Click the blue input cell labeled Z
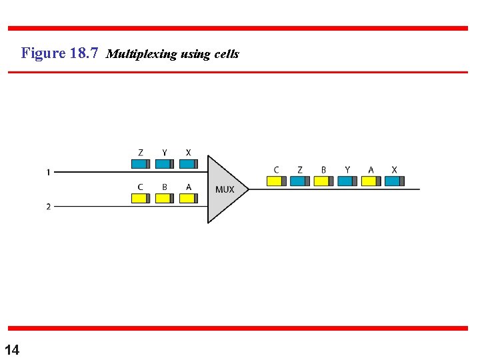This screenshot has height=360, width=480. [140, 164]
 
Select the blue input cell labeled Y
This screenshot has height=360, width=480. [164, 164]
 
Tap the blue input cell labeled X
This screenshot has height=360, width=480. [188, 164]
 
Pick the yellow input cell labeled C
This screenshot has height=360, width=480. [140, 198]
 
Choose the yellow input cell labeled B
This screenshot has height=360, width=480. [164, 198]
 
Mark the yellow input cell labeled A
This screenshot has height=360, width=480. [188, 198]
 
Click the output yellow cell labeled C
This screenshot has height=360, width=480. [276, 181]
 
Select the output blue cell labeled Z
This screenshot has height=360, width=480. [300, 181]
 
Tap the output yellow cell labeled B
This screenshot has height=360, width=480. [323, 181]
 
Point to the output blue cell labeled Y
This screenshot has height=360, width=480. [347, 181]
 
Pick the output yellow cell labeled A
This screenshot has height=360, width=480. [371, 181]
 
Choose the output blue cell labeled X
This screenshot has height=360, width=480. [395, 181]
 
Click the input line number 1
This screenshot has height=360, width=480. [48, 173]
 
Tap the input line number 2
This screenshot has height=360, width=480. [48, 207]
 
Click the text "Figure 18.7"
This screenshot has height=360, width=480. [60, 53]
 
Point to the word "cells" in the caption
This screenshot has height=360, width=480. [227, 54]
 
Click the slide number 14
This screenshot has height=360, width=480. [12, 349]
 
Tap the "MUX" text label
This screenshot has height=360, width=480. [225, 189]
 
